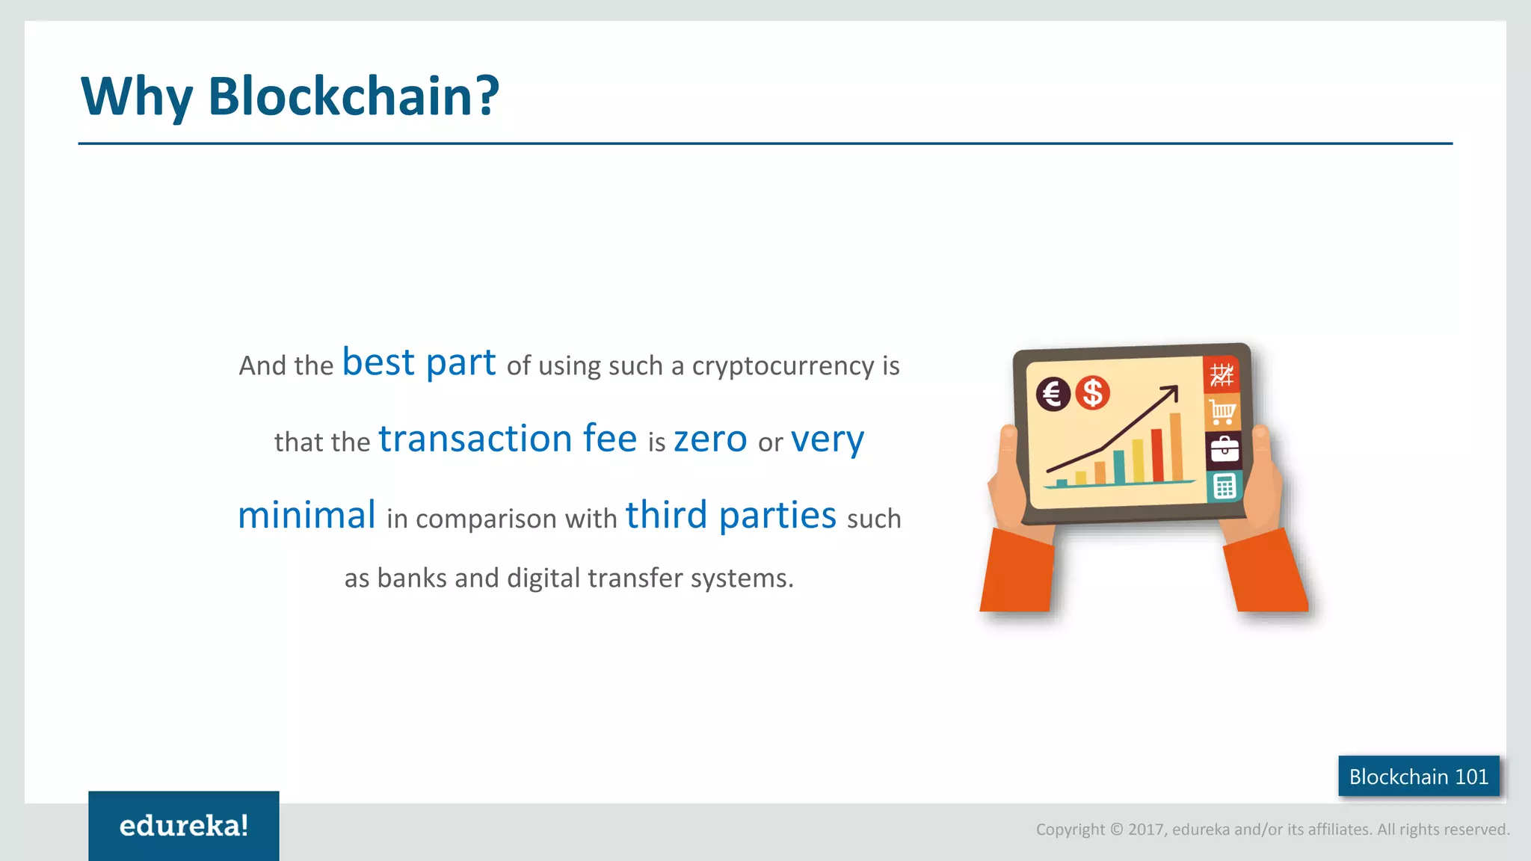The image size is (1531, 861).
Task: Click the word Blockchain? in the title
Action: tap(353, 97)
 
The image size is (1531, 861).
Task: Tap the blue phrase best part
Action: tap(419, 362)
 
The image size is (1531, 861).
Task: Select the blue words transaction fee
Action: tap(508, 439)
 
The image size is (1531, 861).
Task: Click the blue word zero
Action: tap(709, 439)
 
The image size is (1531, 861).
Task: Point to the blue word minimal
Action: tap(306, 516)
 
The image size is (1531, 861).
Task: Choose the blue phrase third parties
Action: tap(730, 516)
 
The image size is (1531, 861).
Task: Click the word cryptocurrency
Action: tap(783, 366)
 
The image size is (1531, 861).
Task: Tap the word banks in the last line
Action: tap(411, 578)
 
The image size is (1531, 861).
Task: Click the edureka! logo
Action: tap(184, 826)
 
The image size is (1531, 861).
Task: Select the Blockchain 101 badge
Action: tap(1418, 777)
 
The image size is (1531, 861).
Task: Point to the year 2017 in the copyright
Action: tap(1145, 830)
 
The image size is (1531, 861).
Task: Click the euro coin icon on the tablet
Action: tap(1053, 394)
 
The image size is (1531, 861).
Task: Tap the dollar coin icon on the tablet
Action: tap(1092, 392)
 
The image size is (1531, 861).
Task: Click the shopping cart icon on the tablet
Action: tap(1222, 412)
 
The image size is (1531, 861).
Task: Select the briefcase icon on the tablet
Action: tap(1224, 450)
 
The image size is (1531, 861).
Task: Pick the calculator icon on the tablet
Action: tap(1224, 487)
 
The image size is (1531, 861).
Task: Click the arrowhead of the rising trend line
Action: tap(1171, 391)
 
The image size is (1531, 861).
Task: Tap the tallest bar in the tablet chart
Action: tap(1176, 447)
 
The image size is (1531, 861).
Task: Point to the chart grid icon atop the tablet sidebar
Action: tap(1222, 374)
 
